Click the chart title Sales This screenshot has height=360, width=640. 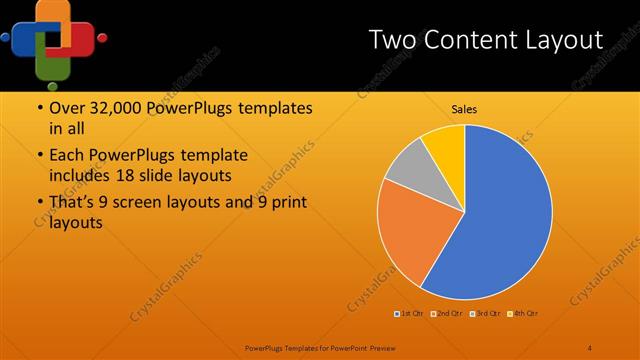point(464,109)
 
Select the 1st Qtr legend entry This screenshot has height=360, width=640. point(410,315)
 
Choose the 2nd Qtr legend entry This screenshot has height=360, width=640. point(447,315)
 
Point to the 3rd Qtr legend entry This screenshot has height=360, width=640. point(486,315)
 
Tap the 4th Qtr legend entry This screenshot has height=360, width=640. point(524,315)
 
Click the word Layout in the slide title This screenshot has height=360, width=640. point(560,41)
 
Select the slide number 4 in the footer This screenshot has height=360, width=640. point(590,347)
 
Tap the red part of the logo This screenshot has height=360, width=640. point(79,38)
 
